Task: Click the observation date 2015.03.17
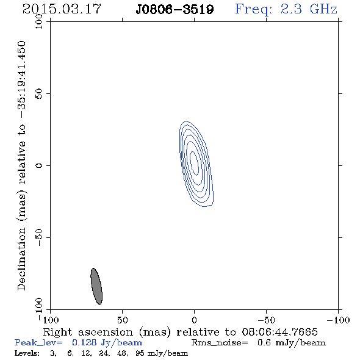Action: click(x=62, y=9)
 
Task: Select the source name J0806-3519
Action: click(x=175, y=10)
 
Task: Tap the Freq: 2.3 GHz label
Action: click(x=286, y=9)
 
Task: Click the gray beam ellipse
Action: click(x=96, y=286)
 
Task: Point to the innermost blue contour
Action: click(x=194, y=163)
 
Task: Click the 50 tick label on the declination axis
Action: click(x=39, y=94)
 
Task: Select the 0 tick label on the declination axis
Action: click(x=39, y=165)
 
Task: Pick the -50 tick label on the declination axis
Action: click(x=39, y=237)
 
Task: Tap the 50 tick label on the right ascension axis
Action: click(x=122, y=320)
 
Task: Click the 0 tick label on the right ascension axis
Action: click(x=194, y=320)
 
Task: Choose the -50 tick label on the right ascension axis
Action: click(x=266, y=320)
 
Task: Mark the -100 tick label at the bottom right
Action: click(x=338, y=320)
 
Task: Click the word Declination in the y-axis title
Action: click(x=21, y=259)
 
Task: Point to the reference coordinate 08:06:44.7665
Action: click(x=279, y=332)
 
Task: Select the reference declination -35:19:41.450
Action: click(x=21, y=79)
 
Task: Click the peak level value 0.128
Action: click(x=84, y=343)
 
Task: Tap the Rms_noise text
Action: click(x=220, y=343)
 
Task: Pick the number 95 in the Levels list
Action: click(x=140, y=353)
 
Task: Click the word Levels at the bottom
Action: click(x=27, y=353)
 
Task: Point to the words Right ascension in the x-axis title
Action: click(x=88, y=332)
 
